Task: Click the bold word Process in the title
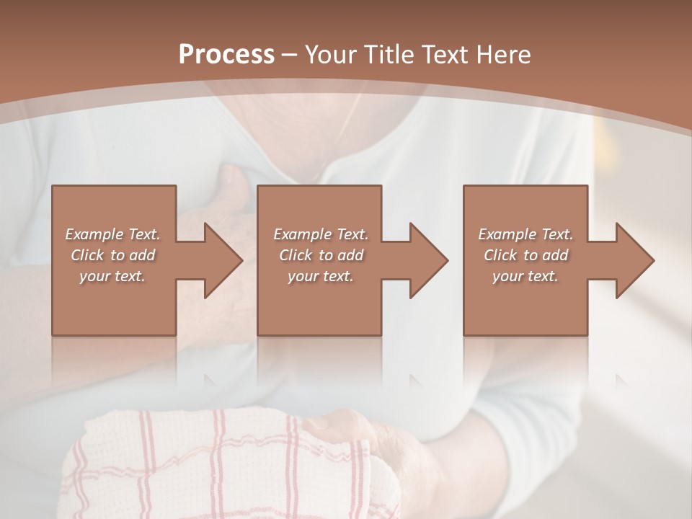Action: click(226, 55)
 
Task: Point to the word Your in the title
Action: click(332, 55)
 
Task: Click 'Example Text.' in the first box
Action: click(113, 234)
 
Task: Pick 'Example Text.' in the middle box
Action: click(321, 234)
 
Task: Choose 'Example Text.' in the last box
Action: click(525, 234)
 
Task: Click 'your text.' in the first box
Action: click(112, 276)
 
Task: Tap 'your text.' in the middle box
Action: click(321, 276)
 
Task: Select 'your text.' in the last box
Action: click(525, 276)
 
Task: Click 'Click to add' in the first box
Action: click(113, 255)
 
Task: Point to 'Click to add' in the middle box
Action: click(321, 255)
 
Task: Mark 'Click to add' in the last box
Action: click(525, 255)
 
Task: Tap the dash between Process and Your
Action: click(288, 56)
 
